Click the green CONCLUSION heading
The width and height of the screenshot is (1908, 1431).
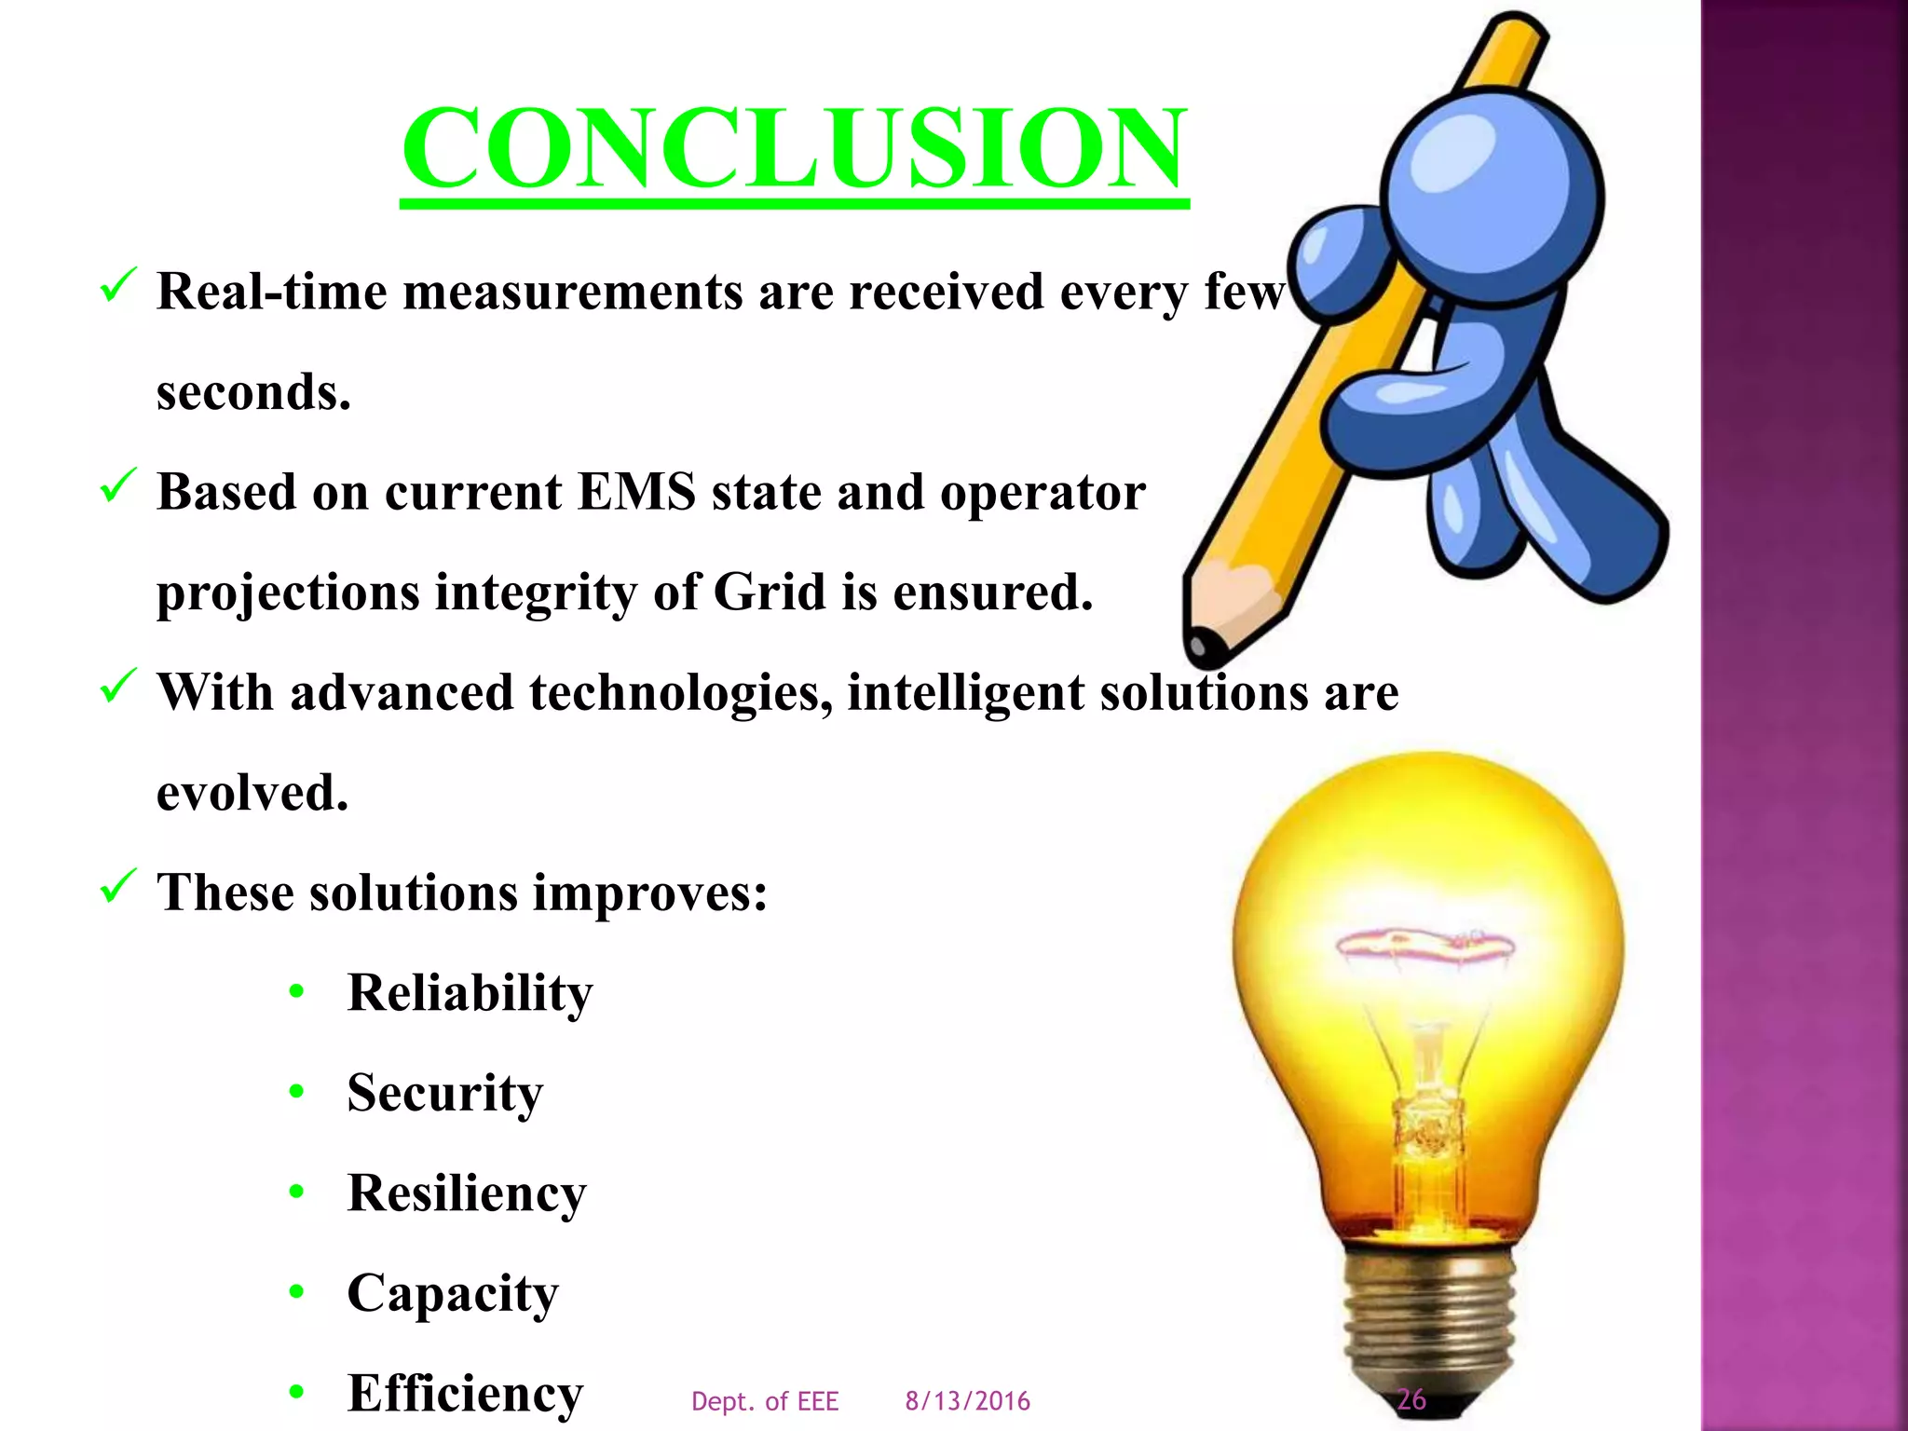coord(794,149)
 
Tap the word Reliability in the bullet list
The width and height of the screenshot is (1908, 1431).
coord(470,992)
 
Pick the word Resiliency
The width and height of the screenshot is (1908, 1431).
coord(467,1192)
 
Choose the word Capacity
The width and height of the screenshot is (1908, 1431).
coord(453,1293)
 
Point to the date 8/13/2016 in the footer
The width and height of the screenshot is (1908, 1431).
coord(967,1401)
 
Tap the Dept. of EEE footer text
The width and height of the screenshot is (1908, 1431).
coord(765,1401)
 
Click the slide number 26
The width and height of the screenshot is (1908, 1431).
coord(1411,1398)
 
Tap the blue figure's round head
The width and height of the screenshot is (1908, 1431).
coord(1491,196)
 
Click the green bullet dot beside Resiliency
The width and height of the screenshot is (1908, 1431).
coord(297,1192)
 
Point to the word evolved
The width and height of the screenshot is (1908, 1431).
coord(252,793)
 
